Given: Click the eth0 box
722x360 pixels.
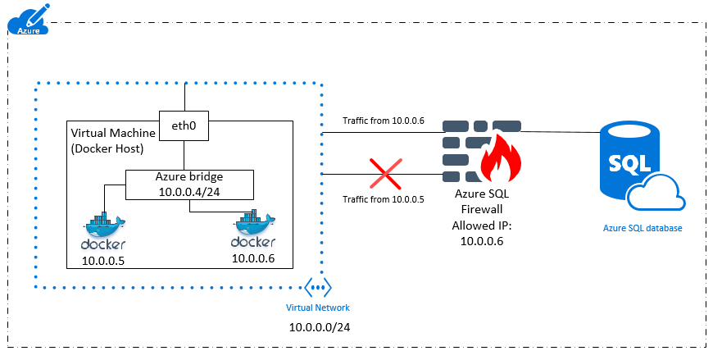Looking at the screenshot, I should click(x=183, y=125).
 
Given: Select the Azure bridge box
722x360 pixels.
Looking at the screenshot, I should click(x=188, y=185).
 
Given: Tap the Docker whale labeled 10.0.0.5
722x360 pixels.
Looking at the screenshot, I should click(x=104, y=232).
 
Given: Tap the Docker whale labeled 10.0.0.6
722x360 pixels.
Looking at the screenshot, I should click(x=253, y=230).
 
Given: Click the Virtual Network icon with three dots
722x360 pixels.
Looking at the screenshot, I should click(x=317, y=288).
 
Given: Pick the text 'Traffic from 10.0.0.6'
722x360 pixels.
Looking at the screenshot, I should click(x=384, y=121).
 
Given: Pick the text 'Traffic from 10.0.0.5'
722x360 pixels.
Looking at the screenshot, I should click(x=383, y=199).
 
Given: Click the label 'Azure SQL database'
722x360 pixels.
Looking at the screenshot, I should click(x=641, y=227).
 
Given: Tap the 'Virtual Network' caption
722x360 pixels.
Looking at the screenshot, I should click(x=317, y=308).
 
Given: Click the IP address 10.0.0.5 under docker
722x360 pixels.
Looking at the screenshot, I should click(x=103, y=262).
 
